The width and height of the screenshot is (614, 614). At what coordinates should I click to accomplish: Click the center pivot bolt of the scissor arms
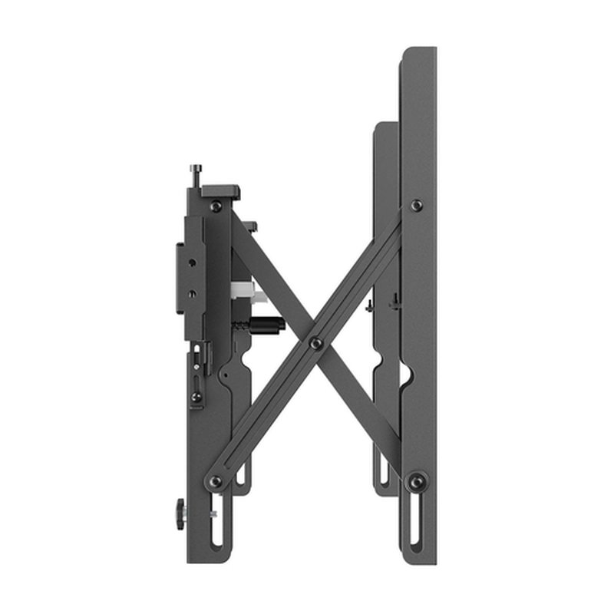(x=315, y=343)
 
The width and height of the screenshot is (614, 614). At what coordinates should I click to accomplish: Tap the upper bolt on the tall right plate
(x=416, y=205)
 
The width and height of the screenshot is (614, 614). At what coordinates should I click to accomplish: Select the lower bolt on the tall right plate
(x=417, y=481)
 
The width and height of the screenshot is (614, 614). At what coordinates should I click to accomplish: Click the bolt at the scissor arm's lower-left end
(x=216, y=481)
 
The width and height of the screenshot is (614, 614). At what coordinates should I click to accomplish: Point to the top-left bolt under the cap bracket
(x=216, y=206)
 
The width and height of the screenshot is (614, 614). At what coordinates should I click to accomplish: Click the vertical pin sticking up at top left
(x=197, y=175)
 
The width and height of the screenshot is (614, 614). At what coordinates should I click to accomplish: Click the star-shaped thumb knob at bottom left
(x=180, y=513)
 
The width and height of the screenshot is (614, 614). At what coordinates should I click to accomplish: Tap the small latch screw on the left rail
(x=196, y=396)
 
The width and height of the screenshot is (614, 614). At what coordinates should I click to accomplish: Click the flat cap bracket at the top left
(x=221, y=191)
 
